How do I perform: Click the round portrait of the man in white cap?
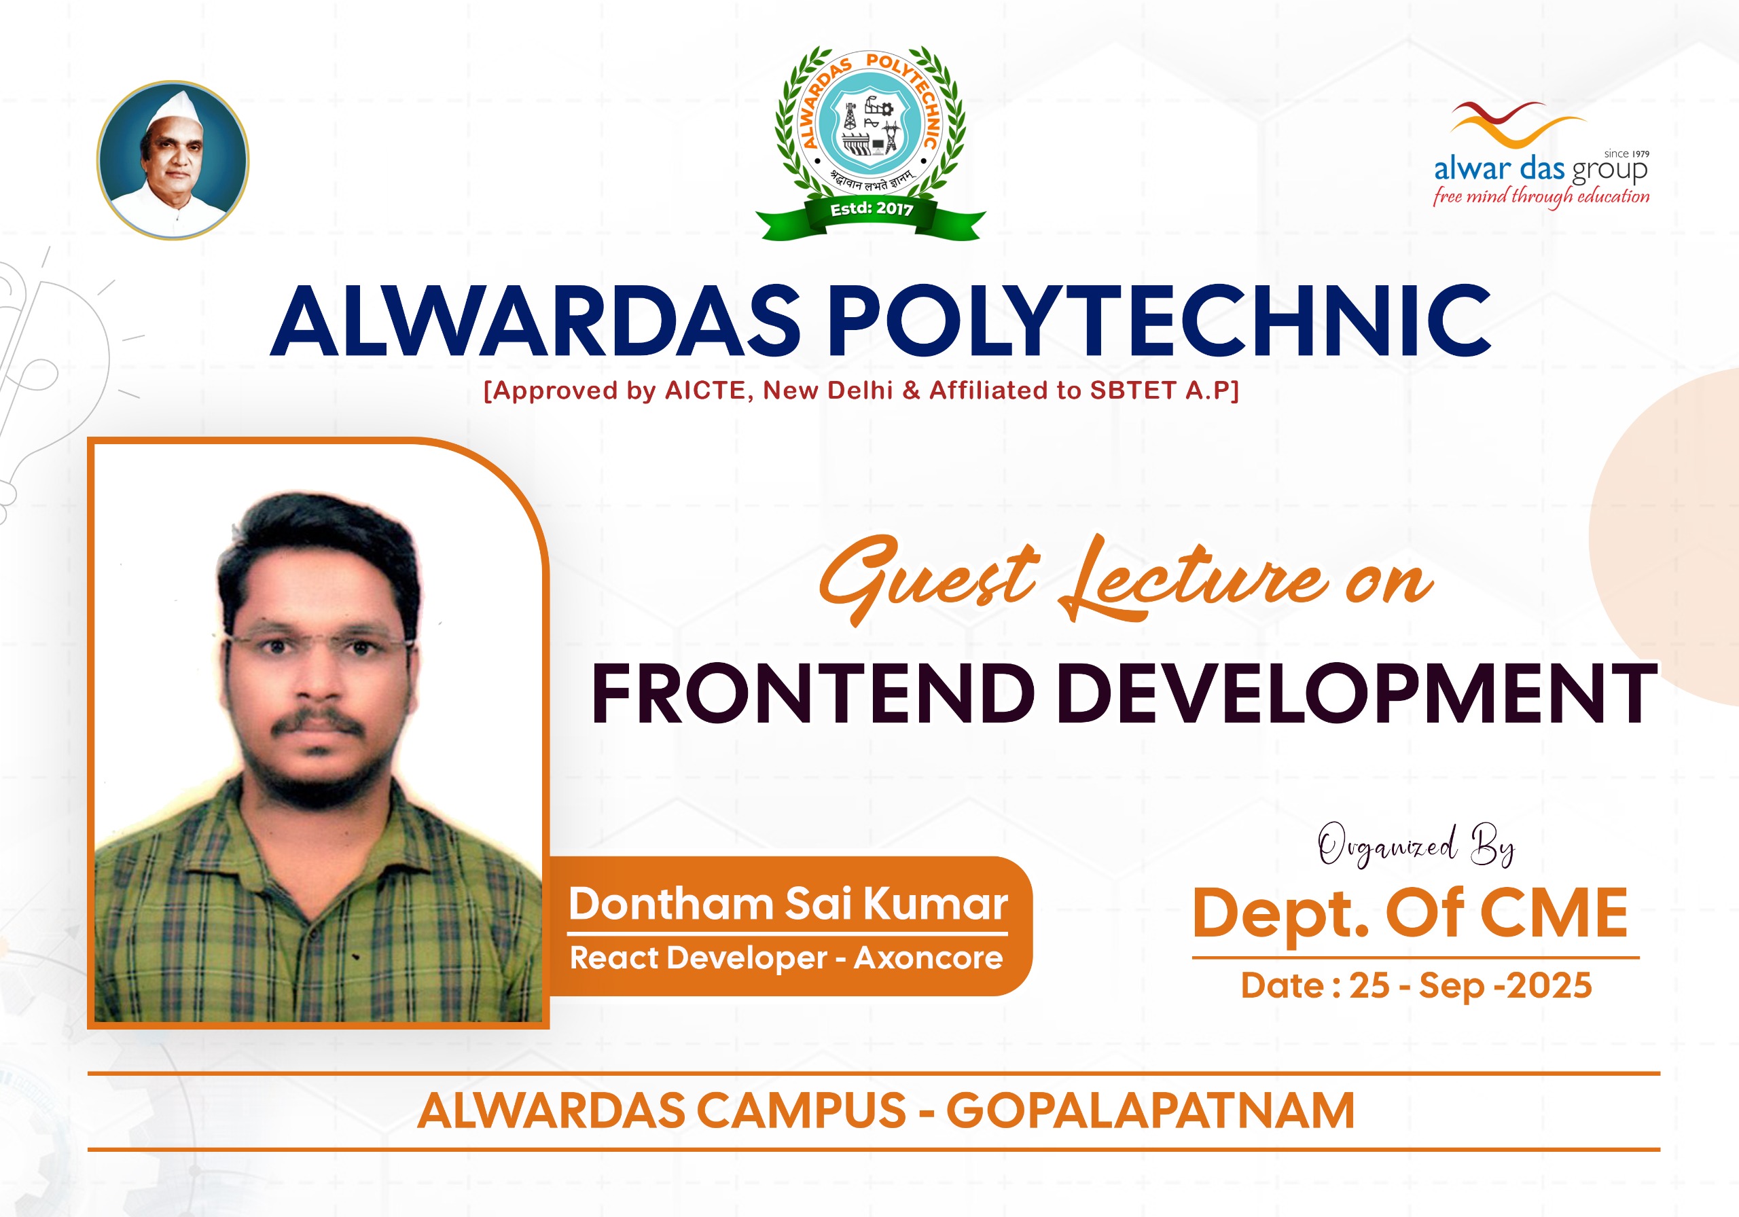click(x=173, y=160)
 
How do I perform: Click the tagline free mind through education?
click(x=1541, y=197)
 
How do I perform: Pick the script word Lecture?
click(x=1193, y=580)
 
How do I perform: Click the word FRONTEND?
click(x=812, y=693)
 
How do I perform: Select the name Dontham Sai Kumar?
click(x=789, y=904)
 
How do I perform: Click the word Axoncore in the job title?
click(x=929, y=959)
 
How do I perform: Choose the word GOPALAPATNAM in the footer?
click(x=1151, y=1111)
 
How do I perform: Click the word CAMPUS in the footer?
click(x=801, y=1111)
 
